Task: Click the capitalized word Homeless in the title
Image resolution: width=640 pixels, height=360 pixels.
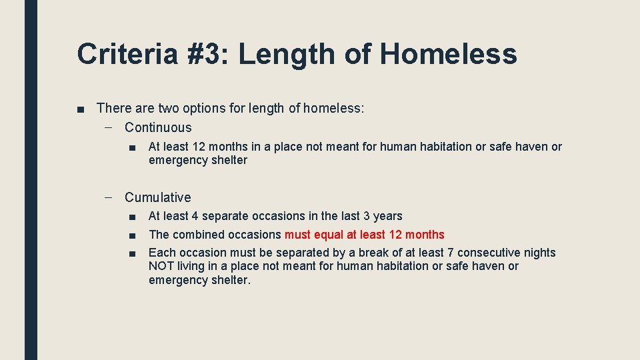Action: pyautogui.click(x=449, y=54)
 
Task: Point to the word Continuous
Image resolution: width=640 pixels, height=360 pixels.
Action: pyautogui.click(x=158, y=127)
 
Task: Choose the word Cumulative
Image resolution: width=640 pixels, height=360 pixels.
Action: pyautogui.click(x=157, y=197)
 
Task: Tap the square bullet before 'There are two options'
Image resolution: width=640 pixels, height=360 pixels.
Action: pyautogui.click(x=80, y=108)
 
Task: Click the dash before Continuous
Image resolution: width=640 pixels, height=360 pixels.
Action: pyautogui.click(x=109, y=127)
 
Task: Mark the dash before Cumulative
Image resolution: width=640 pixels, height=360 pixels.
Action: pyautogui.click(x=109, y=197)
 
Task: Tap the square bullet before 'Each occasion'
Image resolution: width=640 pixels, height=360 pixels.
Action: pyautogui.click(x=133, y=253)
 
